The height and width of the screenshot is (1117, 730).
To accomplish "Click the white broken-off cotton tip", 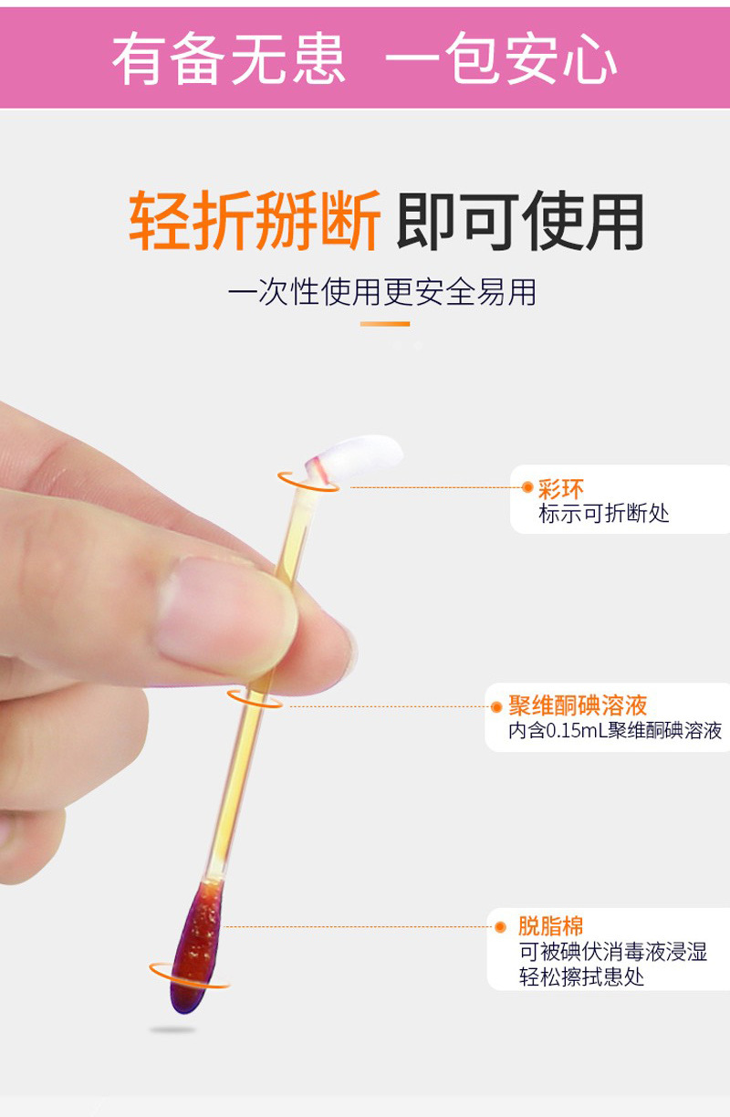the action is tap(355, 457).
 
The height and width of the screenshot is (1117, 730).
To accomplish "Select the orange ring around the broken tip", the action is tap(308, 482).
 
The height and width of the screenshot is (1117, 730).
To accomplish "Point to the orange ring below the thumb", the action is tap(255, 700).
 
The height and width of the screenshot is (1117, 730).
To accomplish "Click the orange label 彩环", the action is tap(561, 489).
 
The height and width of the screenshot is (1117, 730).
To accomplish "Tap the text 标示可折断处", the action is tap(603, 513).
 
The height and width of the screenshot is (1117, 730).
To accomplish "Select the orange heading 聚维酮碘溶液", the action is tap(578, 705).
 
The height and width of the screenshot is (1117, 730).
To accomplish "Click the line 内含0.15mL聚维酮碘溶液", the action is tap(615, 731).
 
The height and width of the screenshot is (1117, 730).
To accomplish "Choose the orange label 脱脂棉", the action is tap(550, 926).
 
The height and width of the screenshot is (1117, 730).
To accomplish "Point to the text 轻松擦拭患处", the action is tap(581, 976).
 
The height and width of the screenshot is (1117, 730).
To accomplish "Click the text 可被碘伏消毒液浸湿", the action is tap(613, 952).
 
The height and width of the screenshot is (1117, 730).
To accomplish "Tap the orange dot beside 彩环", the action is tap(527, 487).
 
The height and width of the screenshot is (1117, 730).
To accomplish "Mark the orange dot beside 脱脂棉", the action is tap(500, 927).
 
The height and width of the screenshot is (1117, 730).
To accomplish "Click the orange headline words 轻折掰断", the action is tap(255, 220).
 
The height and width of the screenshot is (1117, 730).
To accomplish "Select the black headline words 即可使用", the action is tap(519, 220).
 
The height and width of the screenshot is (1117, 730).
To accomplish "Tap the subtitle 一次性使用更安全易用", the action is tap(382, 292).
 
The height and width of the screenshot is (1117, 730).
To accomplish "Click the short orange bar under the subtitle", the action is tap(385, 324).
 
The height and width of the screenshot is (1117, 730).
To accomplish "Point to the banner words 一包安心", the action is tap(501, 57).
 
